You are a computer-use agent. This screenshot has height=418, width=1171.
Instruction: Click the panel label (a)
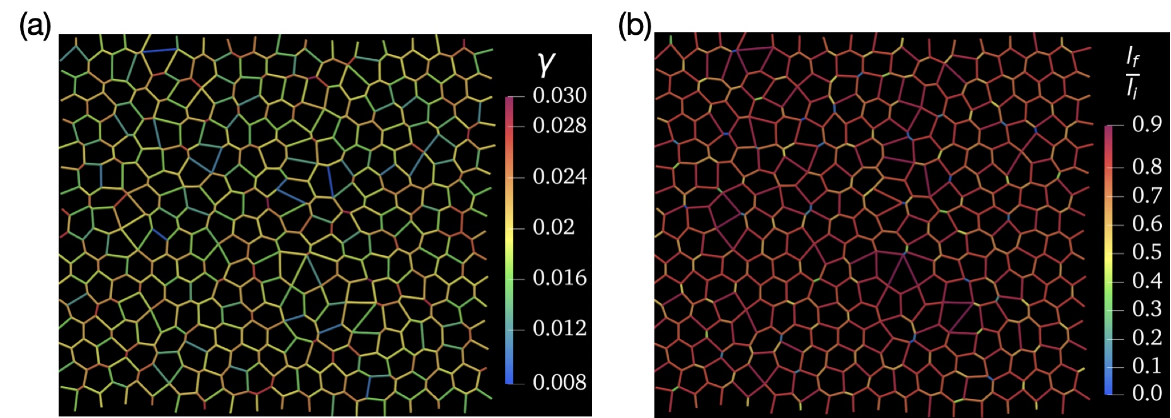point(35,26)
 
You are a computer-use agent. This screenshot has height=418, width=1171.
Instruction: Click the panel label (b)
point(634,26)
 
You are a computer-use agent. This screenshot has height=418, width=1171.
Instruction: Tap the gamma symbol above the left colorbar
point(545,64)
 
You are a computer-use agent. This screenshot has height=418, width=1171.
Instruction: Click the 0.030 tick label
point(559,96)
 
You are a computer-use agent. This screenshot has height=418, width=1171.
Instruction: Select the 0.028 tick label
point(559,126)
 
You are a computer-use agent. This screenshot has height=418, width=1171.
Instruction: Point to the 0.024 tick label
point(559,177)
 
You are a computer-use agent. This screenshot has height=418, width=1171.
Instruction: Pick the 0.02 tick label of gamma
point(553,227)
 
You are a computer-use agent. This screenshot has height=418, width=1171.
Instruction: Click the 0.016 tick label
point(559,278)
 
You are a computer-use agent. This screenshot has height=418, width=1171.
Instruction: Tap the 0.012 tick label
point(559,328)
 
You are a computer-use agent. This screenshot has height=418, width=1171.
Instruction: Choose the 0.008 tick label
point(559,382)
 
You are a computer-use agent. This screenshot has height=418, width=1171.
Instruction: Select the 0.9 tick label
point(1147,125)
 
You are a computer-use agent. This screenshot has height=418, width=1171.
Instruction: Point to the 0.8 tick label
point(1147,167)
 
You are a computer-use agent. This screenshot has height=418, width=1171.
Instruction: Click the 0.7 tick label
point(1147,195)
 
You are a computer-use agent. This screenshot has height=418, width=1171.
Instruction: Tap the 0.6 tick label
point(1147,224)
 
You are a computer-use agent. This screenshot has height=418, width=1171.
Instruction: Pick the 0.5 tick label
point(1147,253)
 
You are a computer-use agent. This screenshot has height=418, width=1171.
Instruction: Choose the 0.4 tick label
point(1147,281)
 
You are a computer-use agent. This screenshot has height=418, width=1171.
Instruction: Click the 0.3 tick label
point(1147,309)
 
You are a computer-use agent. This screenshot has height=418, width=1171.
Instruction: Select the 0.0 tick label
point(1147,393)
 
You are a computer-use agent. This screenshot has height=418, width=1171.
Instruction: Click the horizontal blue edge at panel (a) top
point(159,51)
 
